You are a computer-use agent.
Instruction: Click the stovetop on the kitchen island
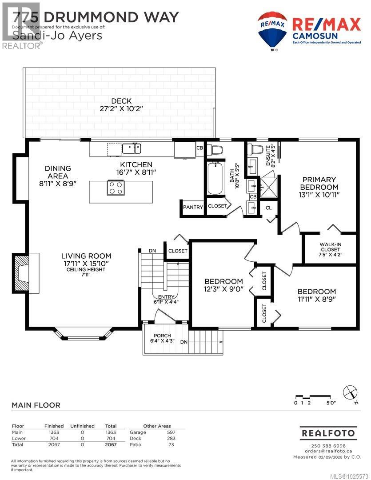[116, 188]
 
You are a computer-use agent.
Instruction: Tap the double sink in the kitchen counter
[132, 148]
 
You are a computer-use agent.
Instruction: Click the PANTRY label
[193, 207]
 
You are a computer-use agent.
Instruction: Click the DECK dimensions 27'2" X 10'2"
[121, 109]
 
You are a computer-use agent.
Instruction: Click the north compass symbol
[350, 392]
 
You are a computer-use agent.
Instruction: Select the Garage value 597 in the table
[171, 432]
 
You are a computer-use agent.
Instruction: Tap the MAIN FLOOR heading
[36, 405]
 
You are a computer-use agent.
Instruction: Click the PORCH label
[163, 336]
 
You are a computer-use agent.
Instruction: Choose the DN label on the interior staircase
[152, 251]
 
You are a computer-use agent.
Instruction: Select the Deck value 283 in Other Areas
[171, 438]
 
